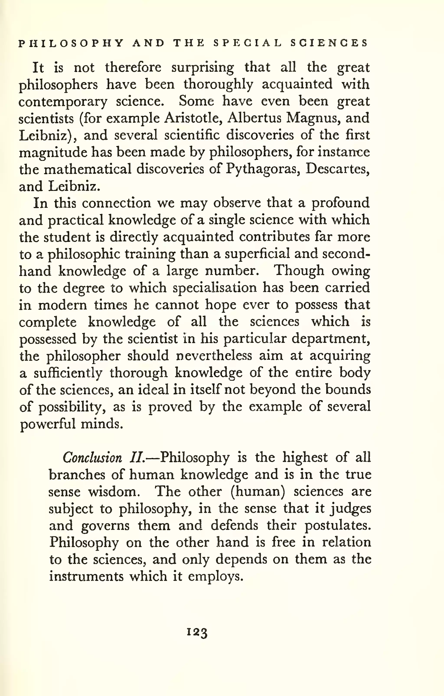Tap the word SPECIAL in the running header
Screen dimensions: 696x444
tap(247, 43)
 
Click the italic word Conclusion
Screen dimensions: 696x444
tap(92, 458)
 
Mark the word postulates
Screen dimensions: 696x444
tap(338, 525)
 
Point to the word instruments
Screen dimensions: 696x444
tap(86, 576)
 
